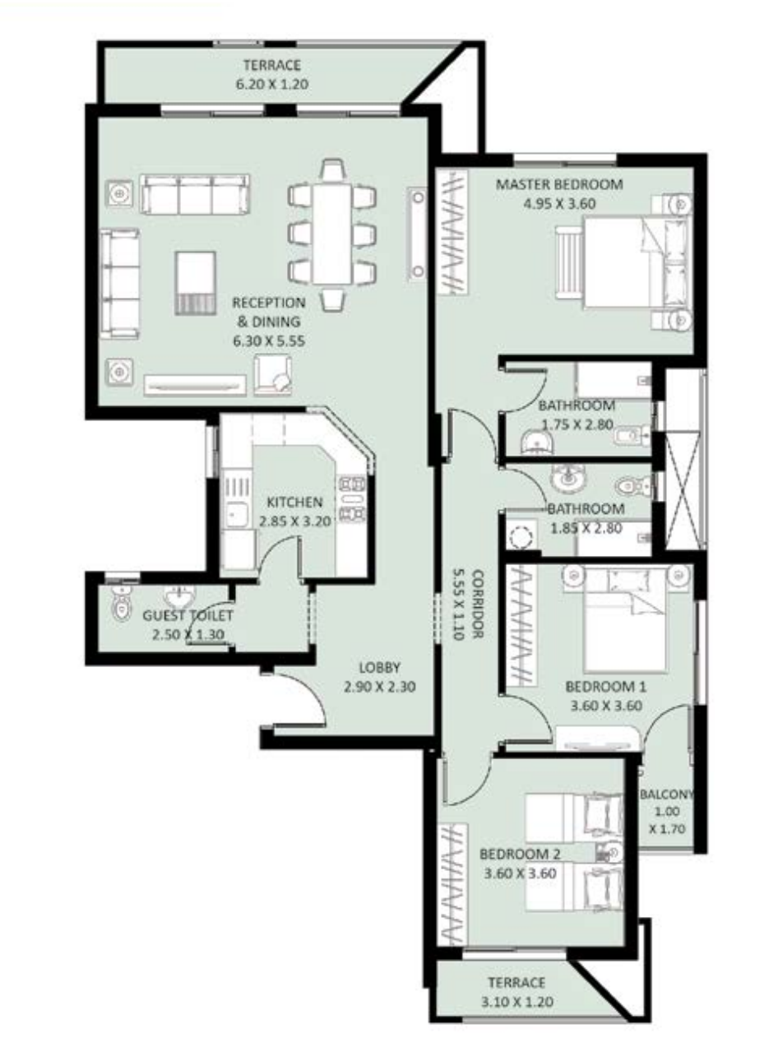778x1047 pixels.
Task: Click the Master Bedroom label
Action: [x=559, y=184]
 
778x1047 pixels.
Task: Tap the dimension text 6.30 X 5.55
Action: [x=269, y=341]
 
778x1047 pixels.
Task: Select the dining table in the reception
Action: [x=332, y=234]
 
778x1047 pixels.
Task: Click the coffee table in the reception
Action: [x=196, y=283]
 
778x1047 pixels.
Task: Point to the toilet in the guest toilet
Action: [x=122, y=604]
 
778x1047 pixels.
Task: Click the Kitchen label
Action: [x=294, y=502]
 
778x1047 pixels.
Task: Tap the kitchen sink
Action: [x=235, y=515]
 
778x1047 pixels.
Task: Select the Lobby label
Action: [x=380, y=668]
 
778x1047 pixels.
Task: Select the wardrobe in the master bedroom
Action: [x=452, y=232]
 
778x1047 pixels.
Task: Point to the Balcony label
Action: [x=667, y=794]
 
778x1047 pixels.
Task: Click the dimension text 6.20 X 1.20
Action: [x=272, y=84]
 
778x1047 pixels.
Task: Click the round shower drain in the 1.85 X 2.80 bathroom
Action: [x=521, y=537]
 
